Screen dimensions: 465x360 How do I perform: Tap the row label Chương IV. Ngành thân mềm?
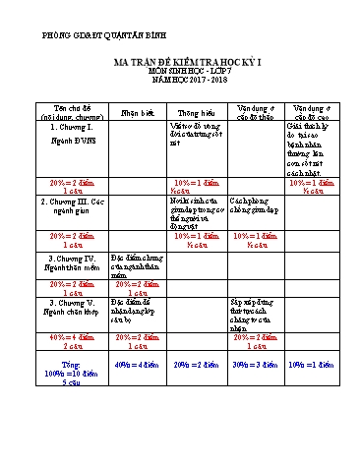pos(71,262)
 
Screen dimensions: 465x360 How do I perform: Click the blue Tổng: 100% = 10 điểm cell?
pos(73,373)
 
